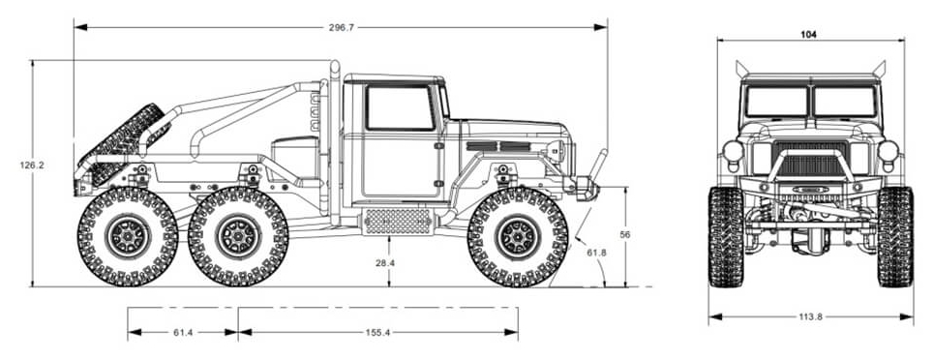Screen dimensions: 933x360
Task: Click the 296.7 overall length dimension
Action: point(341,27)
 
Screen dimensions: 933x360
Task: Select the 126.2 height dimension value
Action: point(32,165)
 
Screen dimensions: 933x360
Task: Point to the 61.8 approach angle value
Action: point(596,253)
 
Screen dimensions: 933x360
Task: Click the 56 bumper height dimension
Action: point(625,234)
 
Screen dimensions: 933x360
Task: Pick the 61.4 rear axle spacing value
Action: point(183,333)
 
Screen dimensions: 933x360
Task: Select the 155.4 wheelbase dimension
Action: point(377,333)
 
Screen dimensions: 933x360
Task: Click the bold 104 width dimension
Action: point(808,35)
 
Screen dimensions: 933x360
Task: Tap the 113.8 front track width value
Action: point(810,316)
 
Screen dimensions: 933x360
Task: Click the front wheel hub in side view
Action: point(518,237)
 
